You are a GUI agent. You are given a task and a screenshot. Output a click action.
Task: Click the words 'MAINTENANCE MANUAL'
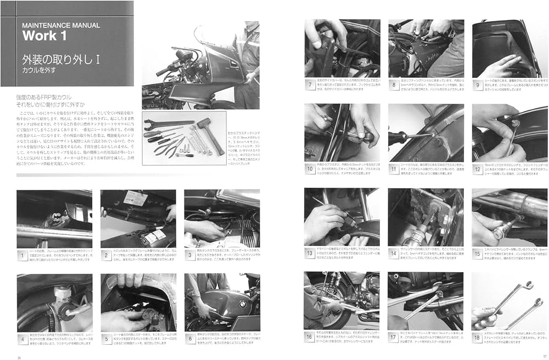click(60, 25)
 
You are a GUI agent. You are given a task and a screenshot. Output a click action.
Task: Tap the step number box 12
click(478, 170)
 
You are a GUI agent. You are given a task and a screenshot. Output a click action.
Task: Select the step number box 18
click(478, 338)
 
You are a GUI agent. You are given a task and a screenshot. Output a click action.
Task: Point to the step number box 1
click(23, 255)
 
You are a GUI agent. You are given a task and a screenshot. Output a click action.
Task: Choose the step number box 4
click(23, 339)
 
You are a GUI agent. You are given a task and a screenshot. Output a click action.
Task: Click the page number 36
click(20, 356)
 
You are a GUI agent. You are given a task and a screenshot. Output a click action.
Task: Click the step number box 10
click(311, 170)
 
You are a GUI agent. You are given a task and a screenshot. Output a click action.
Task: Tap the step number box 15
click(478, 255)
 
